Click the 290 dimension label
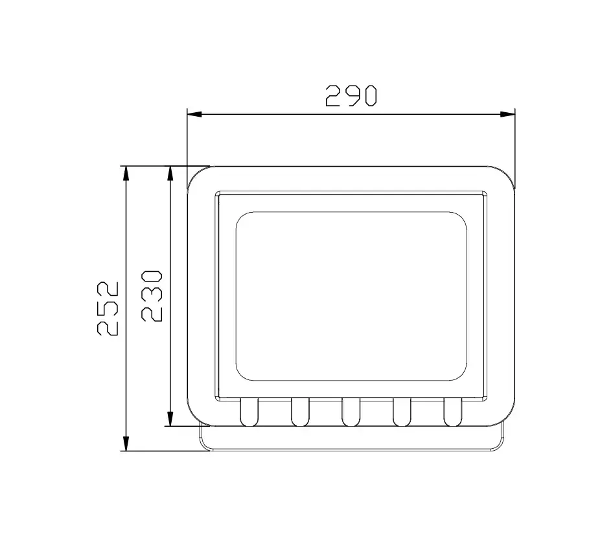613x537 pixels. [x=351, y=96]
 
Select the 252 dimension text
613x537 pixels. [x=108, y=309]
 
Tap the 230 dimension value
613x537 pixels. [x=152, y=296]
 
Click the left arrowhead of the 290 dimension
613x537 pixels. [x=194, y=114]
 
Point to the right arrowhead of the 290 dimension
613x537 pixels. [x=507, y=114]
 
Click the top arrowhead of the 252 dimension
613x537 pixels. [x=126, y=173]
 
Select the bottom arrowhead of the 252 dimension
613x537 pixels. [x=126, y=444]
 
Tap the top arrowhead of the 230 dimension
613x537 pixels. [x=170, y=173]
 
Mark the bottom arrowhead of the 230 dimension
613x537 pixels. [x=170, y=419]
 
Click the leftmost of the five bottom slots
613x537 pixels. [x=249, y=412]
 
